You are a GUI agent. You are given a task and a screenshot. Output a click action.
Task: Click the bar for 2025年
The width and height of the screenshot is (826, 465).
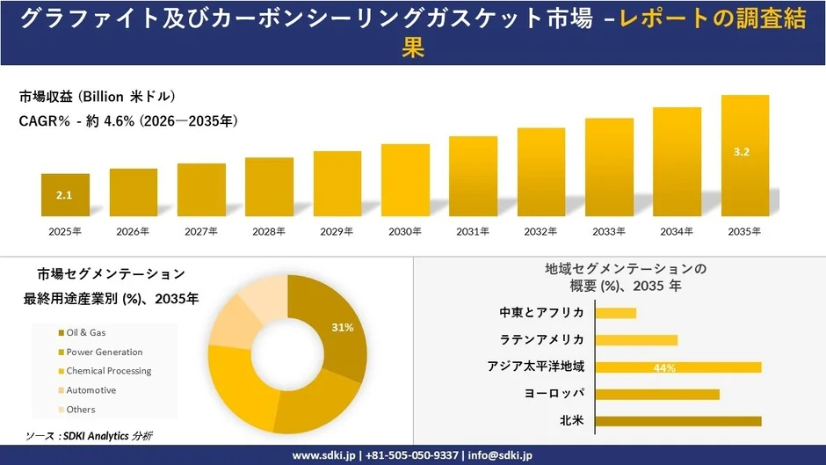(x=65, y=195)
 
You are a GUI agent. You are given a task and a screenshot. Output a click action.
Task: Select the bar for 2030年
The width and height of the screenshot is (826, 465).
(x=405, y=180)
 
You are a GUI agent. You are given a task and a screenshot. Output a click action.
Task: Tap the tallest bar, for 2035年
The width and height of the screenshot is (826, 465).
(x=744, y=156)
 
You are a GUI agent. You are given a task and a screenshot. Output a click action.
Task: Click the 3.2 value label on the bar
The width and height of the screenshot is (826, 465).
(x=741, y=152)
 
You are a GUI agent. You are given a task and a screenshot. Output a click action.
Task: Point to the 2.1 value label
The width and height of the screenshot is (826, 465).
(x=64, y=195)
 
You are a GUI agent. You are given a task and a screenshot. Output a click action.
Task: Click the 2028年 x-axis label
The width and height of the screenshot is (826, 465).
(x=268, y=232)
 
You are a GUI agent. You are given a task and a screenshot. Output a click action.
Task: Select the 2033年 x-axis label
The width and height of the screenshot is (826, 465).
(x=608, y=232)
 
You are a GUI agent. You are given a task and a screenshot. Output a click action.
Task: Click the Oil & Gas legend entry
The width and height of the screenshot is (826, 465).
(x=85, y=333)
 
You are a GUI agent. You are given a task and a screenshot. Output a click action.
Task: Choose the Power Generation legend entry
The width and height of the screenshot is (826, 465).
(x=104, y=352)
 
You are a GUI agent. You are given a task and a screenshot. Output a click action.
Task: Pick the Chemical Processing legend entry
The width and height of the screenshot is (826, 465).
(x=108, y=371)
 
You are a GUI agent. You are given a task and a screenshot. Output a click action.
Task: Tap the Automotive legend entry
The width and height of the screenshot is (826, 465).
(x=91, y=390)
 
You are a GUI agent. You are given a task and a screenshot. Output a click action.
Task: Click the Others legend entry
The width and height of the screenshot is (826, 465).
(x=80, y=410)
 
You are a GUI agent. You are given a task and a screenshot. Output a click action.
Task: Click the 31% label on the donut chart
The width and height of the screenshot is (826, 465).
(x=342, y=328)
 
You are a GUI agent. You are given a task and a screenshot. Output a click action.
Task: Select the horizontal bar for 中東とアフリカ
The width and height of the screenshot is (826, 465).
(x=615, y=313)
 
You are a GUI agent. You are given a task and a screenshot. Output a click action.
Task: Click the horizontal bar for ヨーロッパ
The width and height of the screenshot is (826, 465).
(x=656, y=395)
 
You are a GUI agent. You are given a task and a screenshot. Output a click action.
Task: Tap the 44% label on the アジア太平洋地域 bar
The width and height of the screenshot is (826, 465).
(x=664, y=367)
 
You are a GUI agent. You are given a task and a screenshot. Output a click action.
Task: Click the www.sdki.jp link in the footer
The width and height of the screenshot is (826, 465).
(x=323, y=455)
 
